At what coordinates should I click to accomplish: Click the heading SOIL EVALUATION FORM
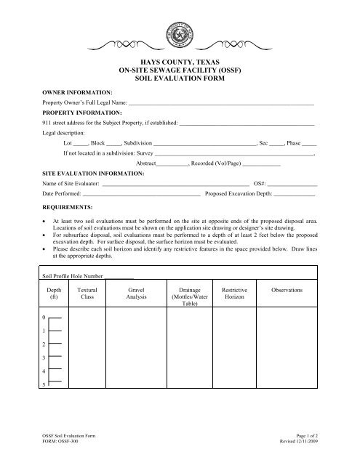(179, 78)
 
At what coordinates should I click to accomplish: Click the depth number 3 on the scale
(46, 359)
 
